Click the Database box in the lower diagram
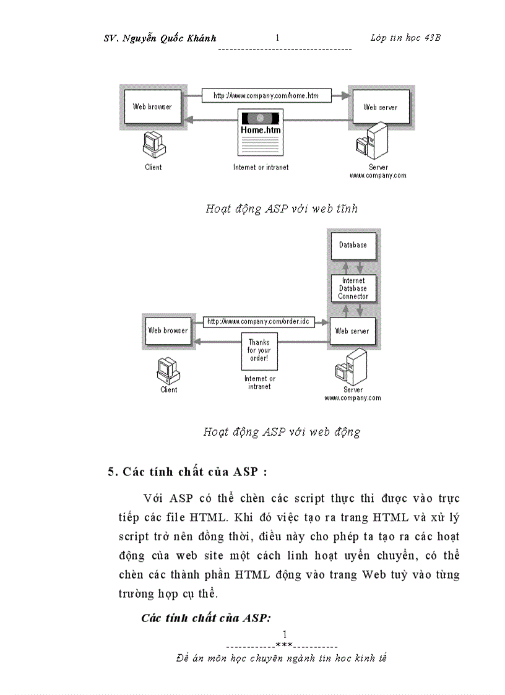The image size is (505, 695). (352, 245)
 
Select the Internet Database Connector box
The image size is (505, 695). (353, 288)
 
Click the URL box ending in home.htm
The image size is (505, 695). (266, 95)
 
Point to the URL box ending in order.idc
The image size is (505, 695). (258, 322)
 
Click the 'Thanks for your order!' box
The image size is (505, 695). (259, 350)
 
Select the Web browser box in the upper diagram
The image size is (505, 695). (152, 107)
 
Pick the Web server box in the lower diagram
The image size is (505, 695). (352, 331)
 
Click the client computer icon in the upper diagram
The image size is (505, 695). (152, 146)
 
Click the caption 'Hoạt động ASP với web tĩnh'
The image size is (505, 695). (282, 209)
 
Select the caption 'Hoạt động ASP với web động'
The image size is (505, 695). (282, 432)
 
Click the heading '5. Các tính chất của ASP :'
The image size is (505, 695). (188, 472)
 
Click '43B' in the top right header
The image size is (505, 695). (433, 38)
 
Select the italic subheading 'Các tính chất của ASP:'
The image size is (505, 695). (207, 618)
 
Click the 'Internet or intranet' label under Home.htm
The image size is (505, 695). (261, 167)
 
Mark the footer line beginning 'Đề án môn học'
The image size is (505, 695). (282, 658)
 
